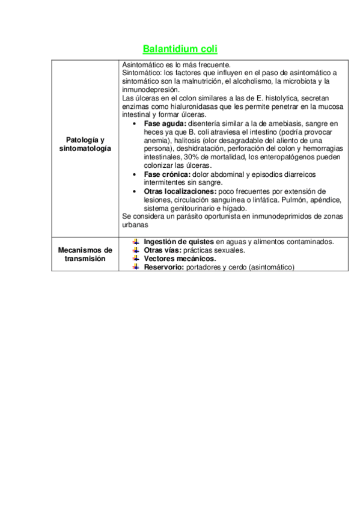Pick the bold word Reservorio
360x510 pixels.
point(163,266)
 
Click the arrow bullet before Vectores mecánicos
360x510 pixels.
point(136,258)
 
